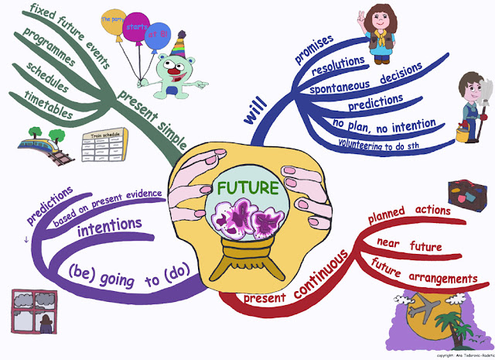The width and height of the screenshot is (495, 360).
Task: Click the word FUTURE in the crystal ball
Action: (247, 187)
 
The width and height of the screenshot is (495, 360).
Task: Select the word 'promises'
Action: (314, 48)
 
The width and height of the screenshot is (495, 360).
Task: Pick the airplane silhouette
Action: (428, 308)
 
